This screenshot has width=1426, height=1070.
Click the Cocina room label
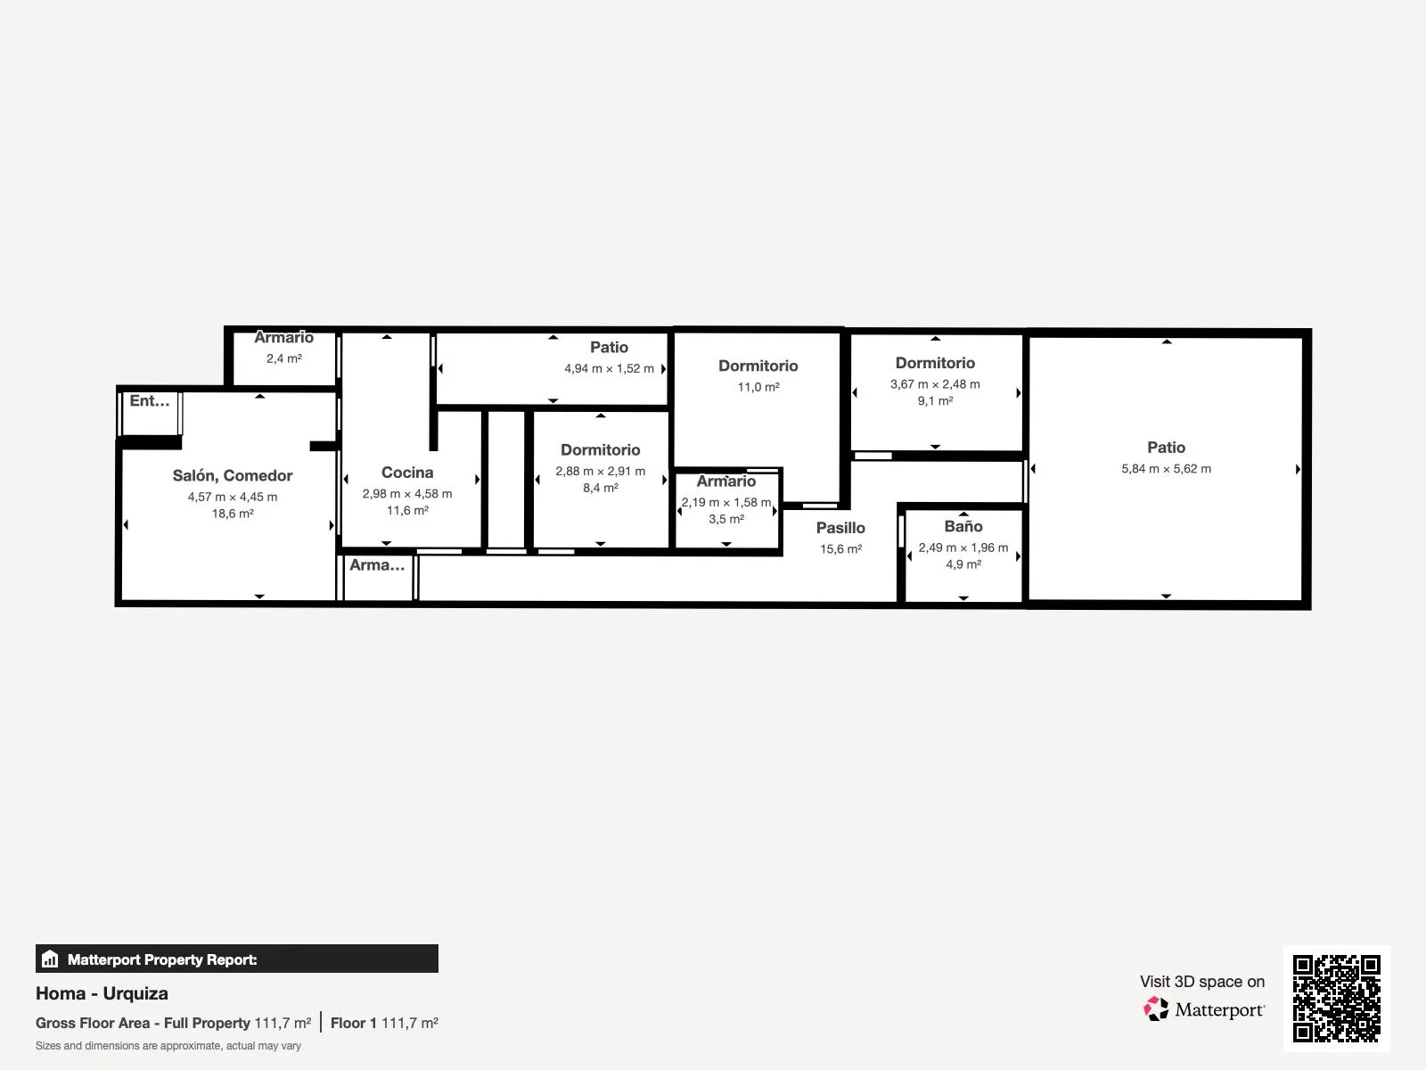[407, 473]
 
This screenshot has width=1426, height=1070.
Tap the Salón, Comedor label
[233, 475]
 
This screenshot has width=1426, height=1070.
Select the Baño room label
[963, 526]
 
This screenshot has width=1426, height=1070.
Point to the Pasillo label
[840, 528]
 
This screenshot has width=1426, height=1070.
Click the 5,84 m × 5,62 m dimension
[1166, 468]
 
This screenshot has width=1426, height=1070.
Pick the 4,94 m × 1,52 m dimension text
[610, 368]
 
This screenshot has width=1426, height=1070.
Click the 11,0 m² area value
[758, 387]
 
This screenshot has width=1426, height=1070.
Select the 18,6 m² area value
[233, 514]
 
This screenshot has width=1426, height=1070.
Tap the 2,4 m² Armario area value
[284, 358]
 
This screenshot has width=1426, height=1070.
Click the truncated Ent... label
[150, 401]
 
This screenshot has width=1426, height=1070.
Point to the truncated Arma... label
[377, 565]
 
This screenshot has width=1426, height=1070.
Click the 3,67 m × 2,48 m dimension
[935, 384]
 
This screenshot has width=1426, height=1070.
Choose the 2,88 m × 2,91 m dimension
[601, 471]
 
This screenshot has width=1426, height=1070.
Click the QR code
[1336, 999]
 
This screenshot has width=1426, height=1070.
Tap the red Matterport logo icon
[1156, 1009]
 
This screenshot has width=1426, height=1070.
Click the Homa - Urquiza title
[102, 993]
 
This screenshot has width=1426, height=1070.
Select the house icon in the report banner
[50, 959]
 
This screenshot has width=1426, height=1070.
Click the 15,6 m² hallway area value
[840, 549]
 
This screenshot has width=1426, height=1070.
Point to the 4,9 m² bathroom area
[963, 564]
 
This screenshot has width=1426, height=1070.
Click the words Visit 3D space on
[1202, 982]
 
